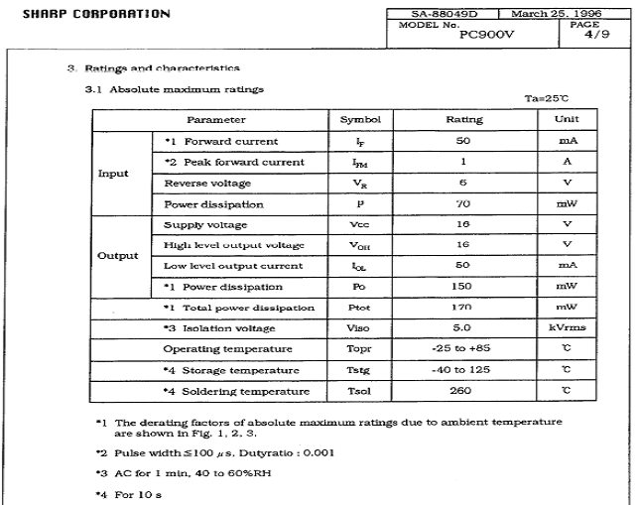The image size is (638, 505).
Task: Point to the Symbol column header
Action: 360,119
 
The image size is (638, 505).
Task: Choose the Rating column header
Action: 464,119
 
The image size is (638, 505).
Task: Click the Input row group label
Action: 113,173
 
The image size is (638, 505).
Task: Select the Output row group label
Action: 116,255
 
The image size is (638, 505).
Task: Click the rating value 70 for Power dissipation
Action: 464,203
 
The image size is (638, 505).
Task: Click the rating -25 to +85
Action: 464,348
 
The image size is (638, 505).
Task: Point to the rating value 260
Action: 464,390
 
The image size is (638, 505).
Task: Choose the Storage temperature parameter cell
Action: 231,369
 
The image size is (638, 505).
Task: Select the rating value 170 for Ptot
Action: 464,307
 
